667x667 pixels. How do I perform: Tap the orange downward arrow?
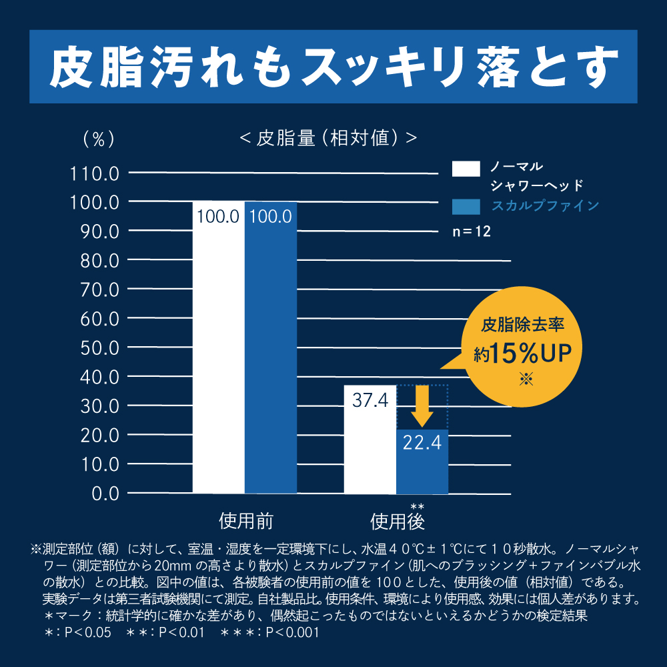pyautogui.click(x=422, y=406)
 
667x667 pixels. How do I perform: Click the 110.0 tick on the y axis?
pyautogui.click(x=94, y=173)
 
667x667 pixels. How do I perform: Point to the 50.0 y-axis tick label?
pyautogui.click(x=98, y=348)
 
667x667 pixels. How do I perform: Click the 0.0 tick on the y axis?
pyautogui.click(x=103, y=494)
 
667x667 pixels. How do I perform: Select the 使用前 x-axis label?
pyautogui.click(x=245, y=521)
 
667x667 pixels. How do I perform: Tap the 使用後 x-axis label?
pyautogui.click(x=398, y=521)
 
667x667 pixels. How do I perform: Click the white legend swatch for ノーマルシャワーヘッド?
pyautogui.click(x=466, y=168)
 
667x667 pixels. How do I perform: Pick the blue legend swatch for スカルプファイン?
pyautogui.click(x=466, y=205)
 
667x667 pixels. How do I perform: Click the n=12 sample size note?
pyautogui.click(x=472, y=233)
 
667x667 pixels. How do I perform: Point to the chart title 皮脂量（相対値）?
pyautogui.click(x=327, y=138)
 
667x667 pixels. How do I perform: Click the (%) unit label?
pyautogui.click(x=98, y=139)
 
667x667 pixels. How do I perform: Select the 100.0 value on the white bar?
pyautogui.click(x=218, y=216)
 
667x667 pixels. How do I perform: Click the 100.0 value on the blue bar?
pyautogui.click(x=270, y=216)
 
